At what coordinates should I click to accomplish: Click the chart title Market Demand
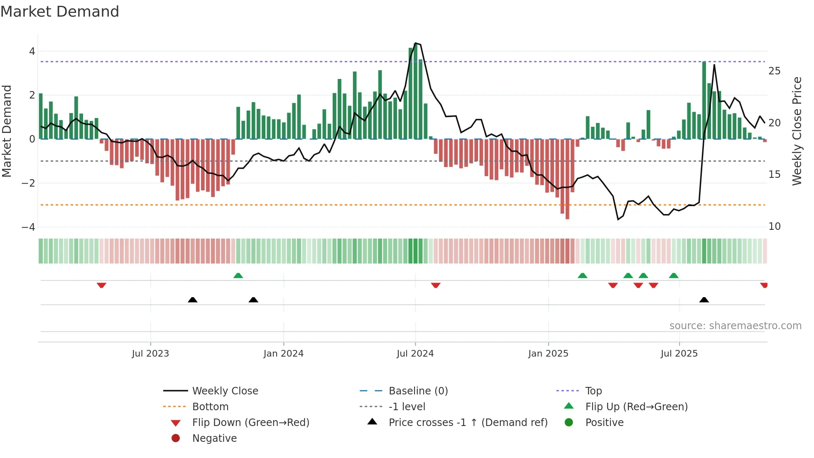coord(60,12)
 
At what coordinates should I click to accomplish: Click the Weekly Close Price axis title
coord(797,131)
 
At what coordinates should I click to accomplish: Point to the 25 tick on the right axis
coord(774,71)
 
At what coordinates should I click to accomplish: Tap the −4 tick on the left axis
coord(28,227)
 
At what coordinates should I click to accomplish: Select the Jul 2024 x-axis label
coord(415,354)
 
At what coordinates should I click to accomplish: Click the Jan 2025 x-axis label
coord(548,354)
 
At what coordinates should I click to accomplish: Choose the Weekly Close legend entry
coord(225,391)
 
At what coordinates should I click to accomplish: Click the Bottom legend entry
coord(210,407)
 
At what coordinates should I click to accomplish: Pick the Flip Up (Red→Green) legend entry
coord(636,407)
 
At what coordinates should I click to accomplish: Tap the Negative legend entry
coord(214,438)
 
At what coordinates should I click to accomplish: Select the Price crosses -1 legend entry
coord(468,423)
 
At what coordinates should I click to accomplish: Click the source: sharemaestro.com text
coord(735,326)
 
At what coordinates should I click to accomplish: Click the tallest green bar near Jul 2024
coord(415,91)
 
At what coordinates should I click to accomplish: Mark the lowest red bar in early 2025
coord(567,179)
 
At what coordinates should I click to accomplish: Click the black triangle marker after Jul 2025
coord(704,300)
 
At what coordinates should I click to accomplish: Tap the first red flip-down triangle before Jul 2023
coord(101,285)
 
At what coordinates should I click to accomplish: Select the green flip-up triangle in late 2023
coord(238,276)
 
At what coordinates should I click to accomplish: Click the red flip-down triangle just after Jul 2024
coord(436,285)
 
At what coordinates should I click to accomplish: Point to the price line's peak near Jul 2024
coord(416,43)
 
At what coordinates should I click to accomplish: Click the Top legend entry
coord(593,391)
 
